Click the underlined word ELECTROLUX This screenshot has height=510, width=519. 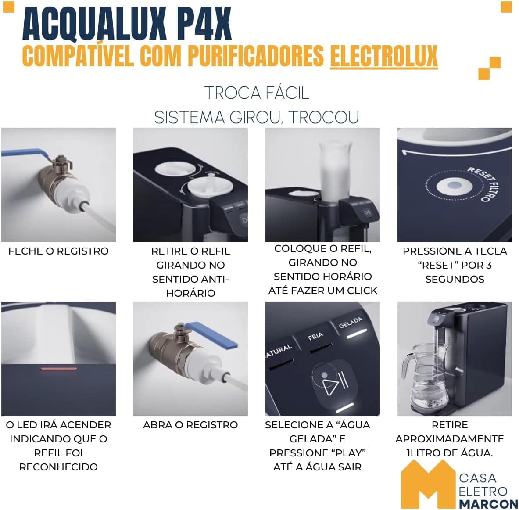pyautogui.click(x=383, y=56)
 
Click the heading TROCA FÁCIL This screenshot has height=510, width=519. pyautogui.click(x=257, y=93)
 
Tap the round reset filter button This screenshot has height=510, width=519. pyautogui.click(x=455, y=186)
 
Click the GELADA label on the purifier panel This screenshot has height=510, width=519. pyautogui.click(x=351, y=323)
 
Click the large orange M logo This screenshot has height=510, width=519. pyautogui.click(x=428, y=485)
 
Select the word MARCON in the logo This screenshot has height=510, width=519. pyautogui.click(x=488, y=504)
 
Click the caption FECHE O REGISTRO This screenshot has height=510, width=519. pyautogui.click(x=58, y=251)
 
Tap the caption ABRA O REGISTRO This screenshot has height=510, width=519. pyautogui.click(x=190, y=425)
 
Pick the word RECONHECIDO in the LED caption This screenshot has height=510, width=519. pyautogui.click(x=58, y=467)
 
